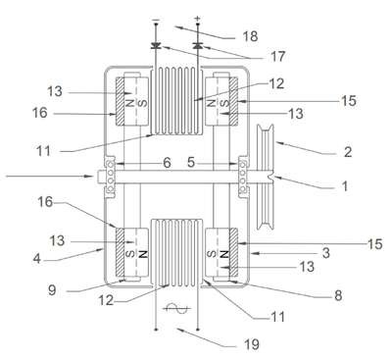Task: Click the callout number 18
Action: [250, 36]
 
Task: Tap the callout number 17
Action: [277, 57]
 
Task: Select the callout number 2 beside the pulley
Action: [348, 152]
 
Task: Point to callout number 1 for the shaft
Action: [345, 186]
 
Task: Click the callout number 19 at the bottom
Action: [252, 344]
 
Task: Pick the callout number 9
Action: [52, 290]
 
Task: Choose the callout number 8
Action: [338, 295]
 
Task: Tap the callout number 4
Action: [37, 259]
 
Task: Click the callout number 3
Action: [325, 253]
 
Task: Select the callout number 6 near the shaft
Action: [167, 163]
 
